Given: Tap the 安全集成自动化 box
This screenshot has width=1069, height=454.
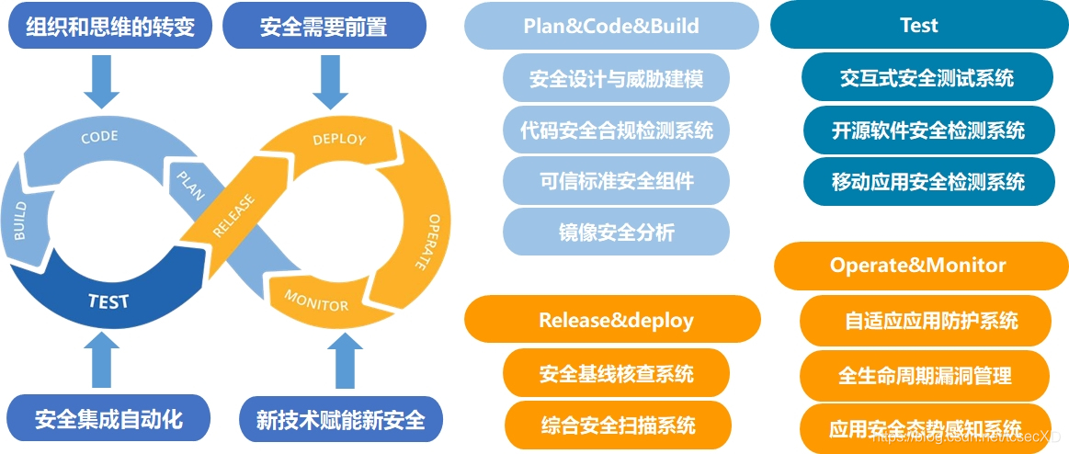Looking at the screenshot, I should (109, 420).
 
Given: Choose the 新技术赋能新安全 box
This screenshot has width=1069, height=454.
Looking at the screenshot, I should (340, 420).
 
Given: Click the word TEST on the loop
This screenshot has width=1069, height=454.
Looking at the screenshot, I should (108, 301).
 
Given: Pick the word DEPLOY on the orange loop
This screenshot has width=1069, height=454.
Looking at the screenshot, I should (339, 140).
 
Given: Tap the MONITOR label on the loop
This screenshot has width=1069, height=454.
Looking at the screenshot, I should (316, 300).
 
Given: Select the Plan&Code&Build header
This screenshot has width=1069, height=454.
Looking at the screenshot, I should (611, 26).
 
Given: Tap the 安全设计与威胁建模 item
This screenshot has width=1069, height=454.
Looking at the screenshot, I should (616, 78).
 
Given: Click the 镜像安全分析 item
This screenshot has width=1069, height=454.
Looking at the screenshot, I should (616, 233).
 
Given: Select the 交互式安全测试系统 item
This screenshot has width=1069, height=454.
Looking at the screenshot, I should (927, 78).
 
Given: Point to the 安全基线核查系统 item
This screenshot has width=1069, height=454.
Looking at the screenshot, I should (616, 373).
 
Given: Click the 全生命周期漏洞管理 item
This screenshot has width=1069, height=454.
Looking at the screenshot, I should (925, 375).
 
